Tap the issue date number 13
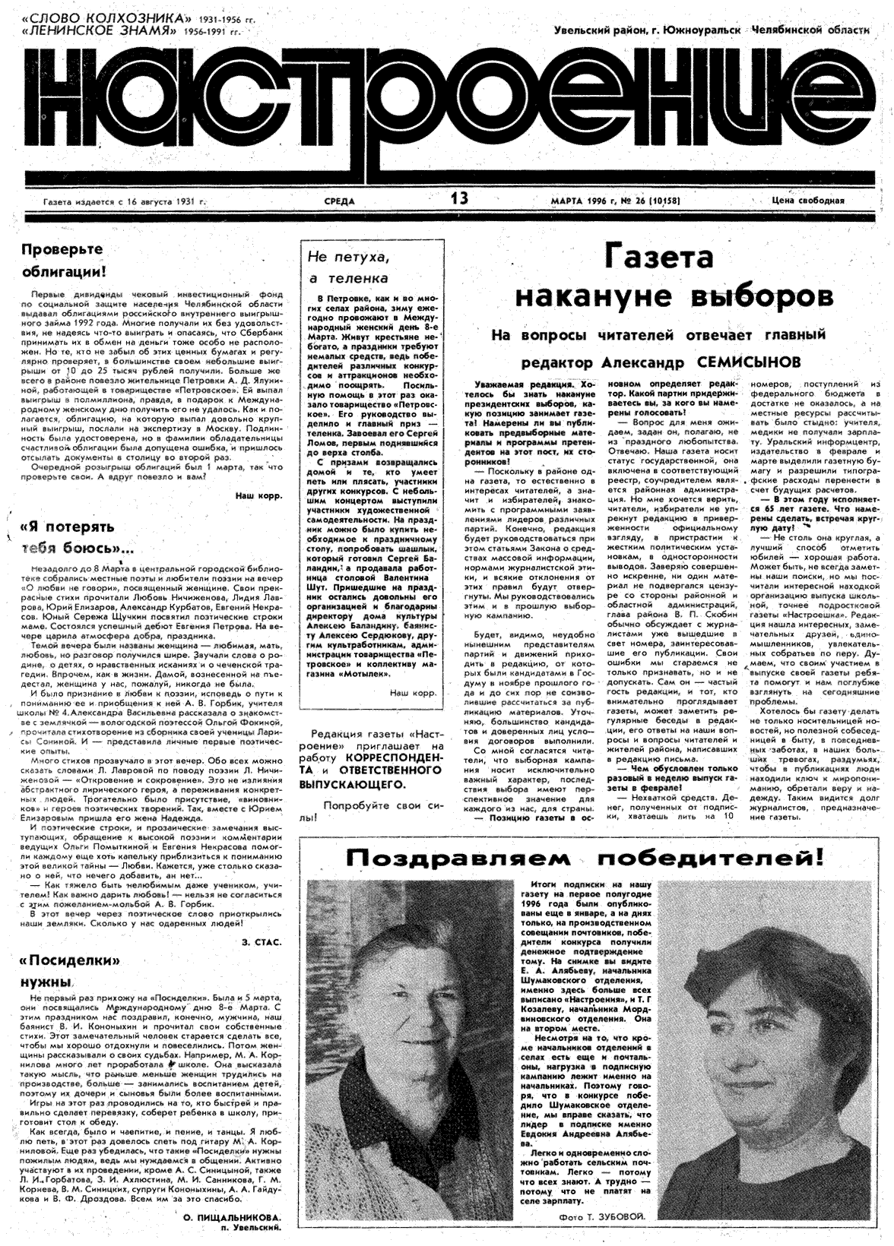[x=459, y=199]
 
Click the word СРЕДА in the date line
[x=338, y=201]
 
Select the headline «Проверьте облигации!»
[x=62, y=260]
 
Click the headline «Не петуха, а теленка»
[x=347, y=267]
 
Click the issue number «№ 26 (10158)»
[x=645, y=201]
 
